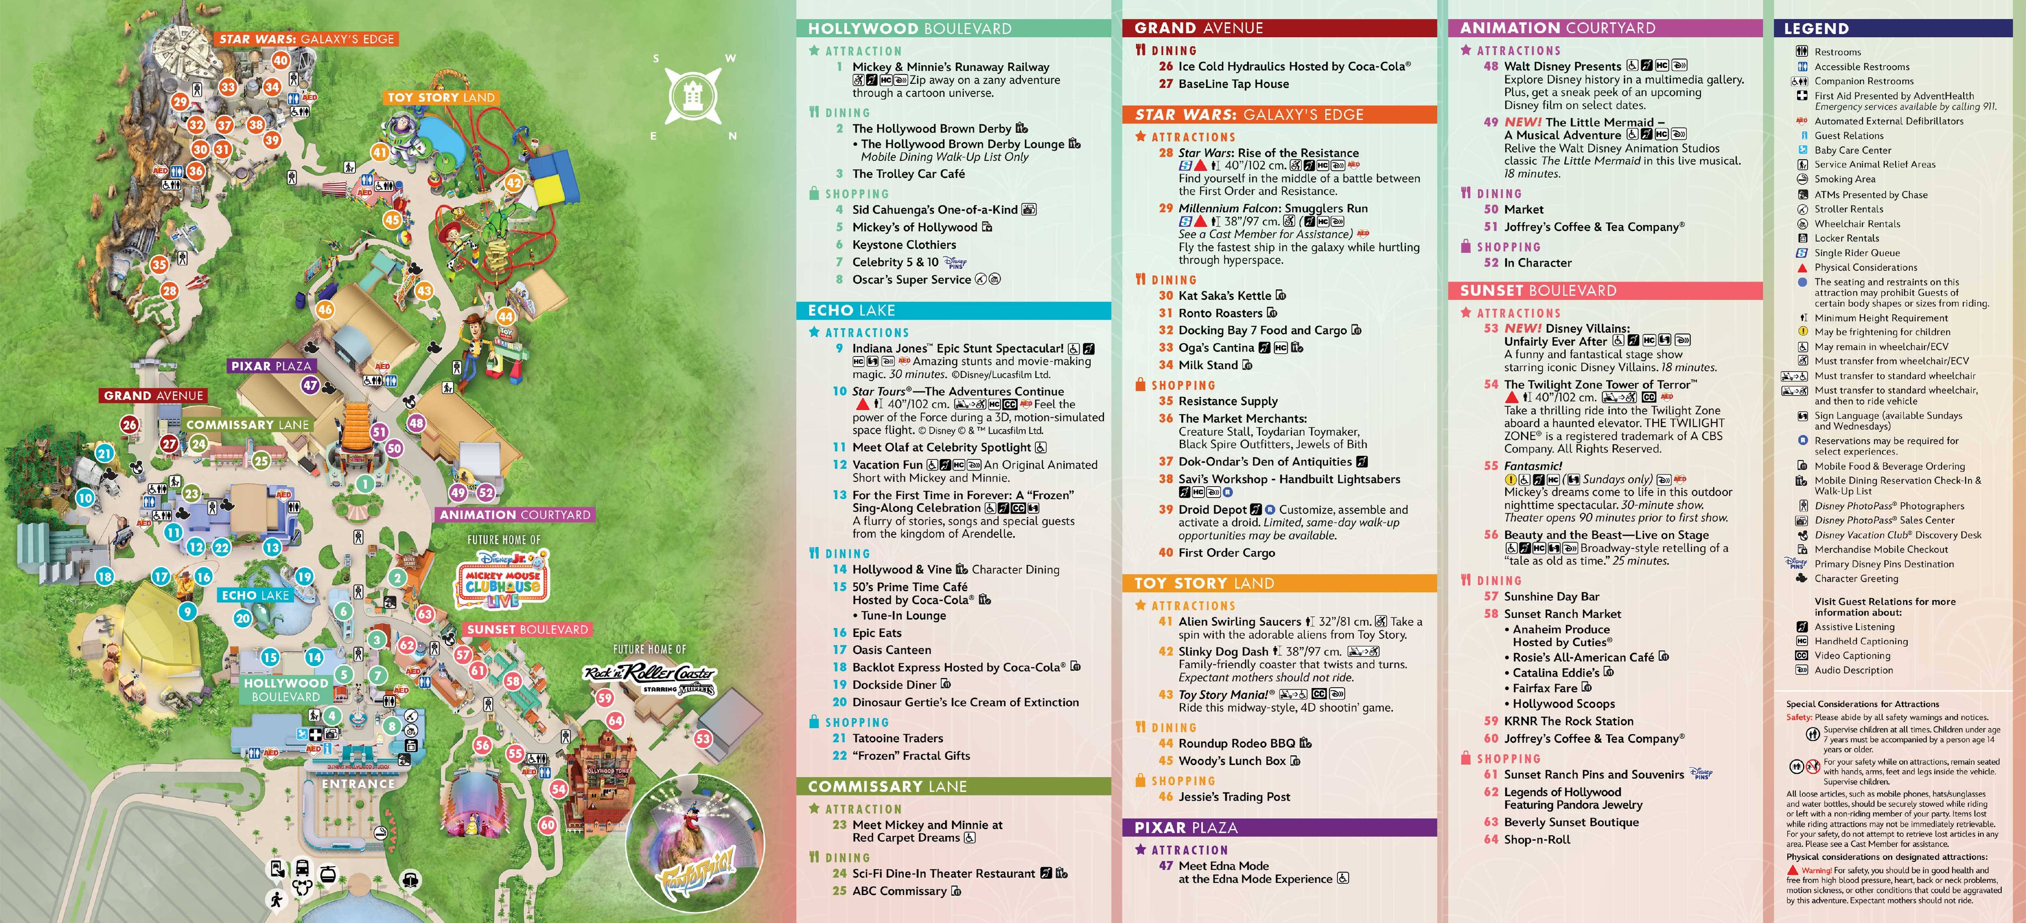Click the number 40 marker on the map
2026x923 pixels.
click(281, 60)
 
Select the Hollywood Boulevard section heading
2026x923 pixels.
click(909, 28)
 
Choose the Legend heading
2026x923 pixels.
click(1816, 28)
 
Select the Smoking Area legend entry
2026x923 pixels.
click(1844, 179)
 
